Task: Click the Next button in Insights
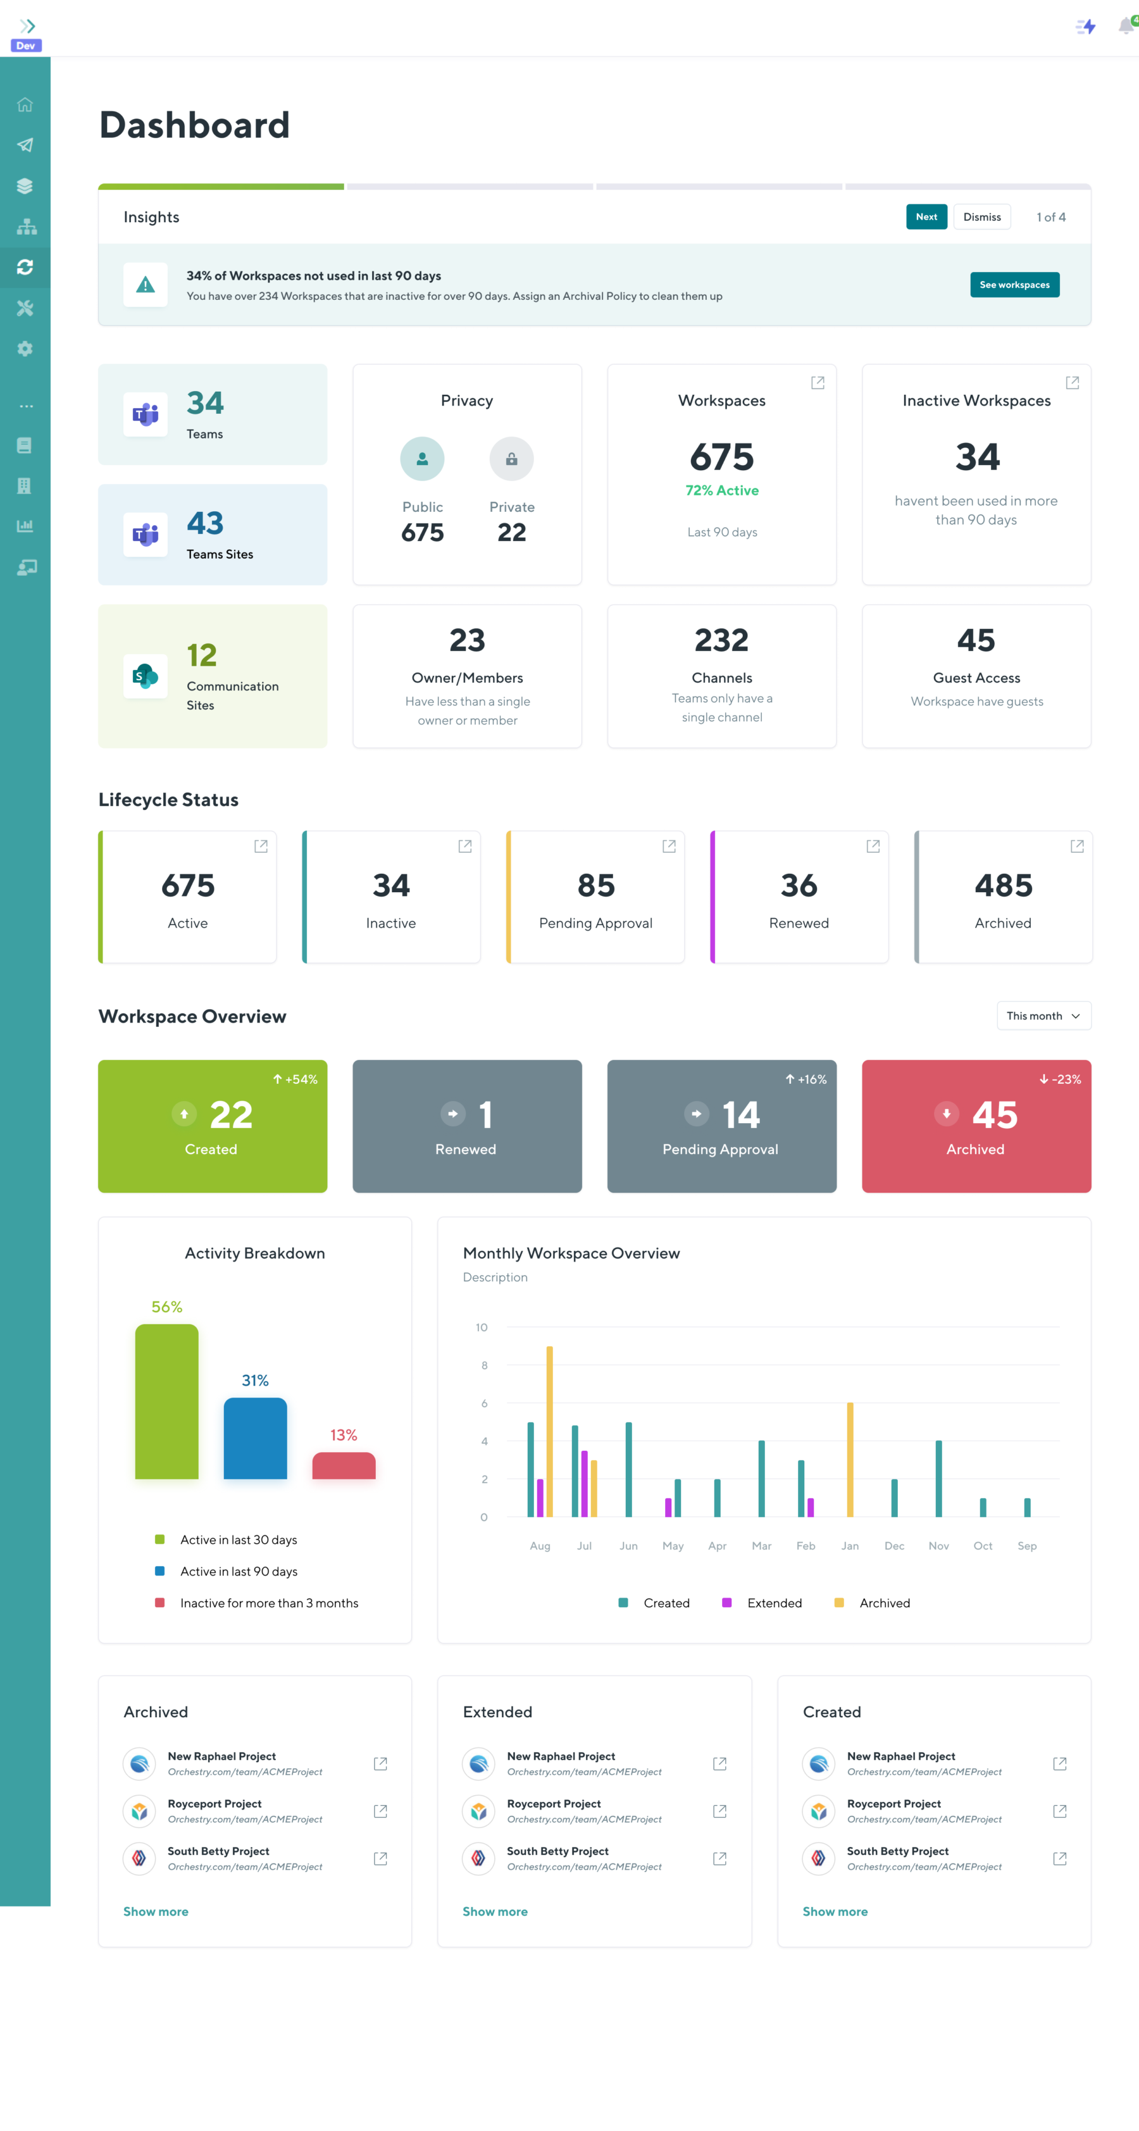(x=926, y=217)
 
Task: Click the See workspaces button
(x=1014, y=285)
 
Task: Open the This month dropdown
(x=1043, y=1016)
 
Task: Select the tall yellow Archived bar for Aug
(x=549, y=1431)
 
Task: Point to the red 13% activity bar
(x=343, y=1465)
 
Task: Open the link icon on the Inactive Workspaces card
(x=1072, y=382)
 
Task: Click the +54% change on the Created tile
(x=296, y=1079)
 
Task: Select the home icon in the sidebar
(x=25, y=105)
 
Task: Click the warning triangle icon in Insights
(x=146, y=285)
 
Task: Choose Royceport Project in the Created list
(x=893, y=1803)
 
